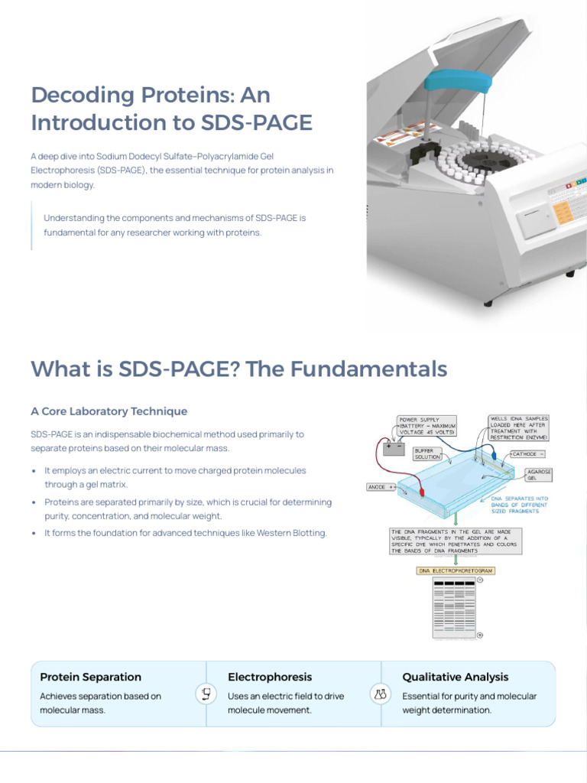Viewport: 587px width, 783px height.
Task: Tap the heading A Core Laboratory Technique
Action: click(109, 411)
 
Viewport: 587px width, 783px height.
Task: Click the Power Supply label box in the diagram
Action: click(427, 425)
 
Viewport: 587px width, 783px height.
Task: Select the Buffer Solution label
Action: click(428, 453)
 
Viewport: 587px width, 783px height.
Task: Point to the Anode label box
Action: click(381, 486)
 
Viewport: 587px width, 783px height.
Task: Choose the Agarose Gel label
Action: click(539, 475)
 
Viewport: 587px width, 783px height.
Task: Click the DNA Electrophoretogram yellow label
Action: click(456, 570)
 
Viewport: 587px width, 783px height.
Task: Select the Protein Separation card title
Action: click(90, 677)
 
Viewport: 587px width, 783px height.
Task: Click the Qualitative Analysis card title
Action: click(455, 677)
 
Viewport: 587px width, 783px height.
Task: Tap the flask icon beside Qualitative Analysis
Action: click(380, 694)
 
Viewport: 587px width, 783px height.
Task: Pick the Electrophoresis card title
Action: click(270, 677)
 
